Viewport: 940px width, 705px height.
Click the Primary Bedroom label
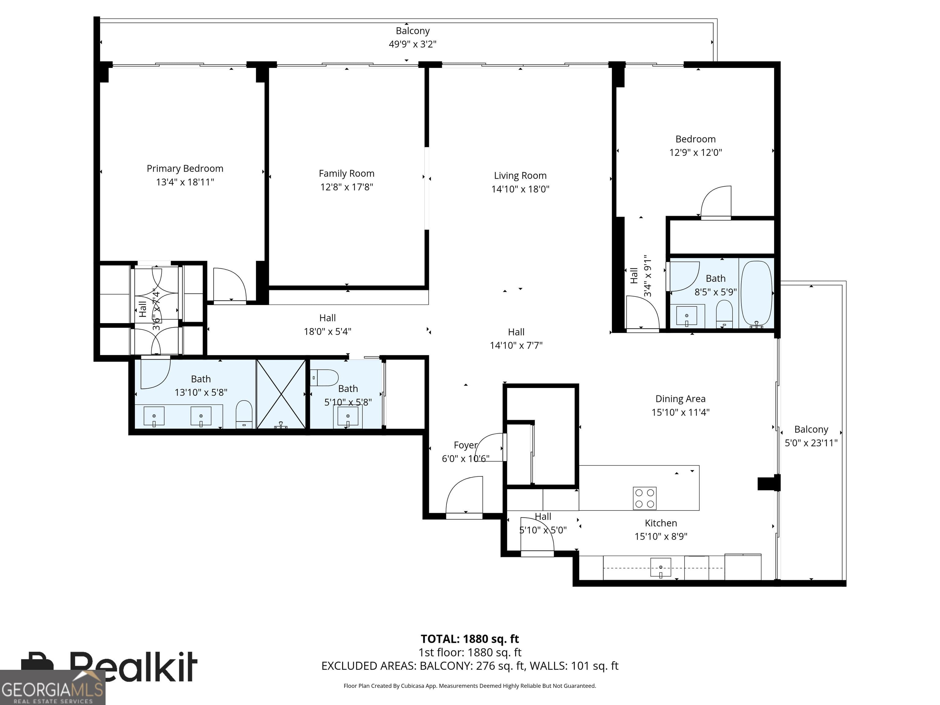pos(185,169)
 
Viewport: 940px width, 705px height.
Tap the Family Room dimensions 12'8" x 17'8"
pos(346,187)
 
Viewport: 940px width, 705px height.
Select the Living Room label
pos(520,176)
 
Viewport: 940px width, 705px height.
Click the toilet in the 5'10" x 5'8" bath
pos(324,377)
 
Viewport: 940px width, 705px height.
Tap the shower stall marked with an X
pos(281,394)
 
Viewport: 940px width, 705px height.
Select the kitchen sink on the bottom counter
pos(661,568)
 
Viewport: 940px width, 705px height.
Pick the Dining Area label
pos(680,399)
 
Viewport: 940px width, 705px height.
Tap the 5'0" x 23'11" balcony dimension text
pos(811,443)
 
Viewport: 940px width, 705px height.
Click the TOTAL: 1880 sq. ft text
pos(470,639)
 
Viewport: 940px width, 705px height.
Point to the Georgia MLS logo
pos(52,687)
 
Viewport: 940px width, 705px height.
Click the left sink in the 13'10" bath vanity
pos(154,416)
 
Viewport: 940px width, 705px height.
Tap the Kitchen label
pos(661,523)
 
